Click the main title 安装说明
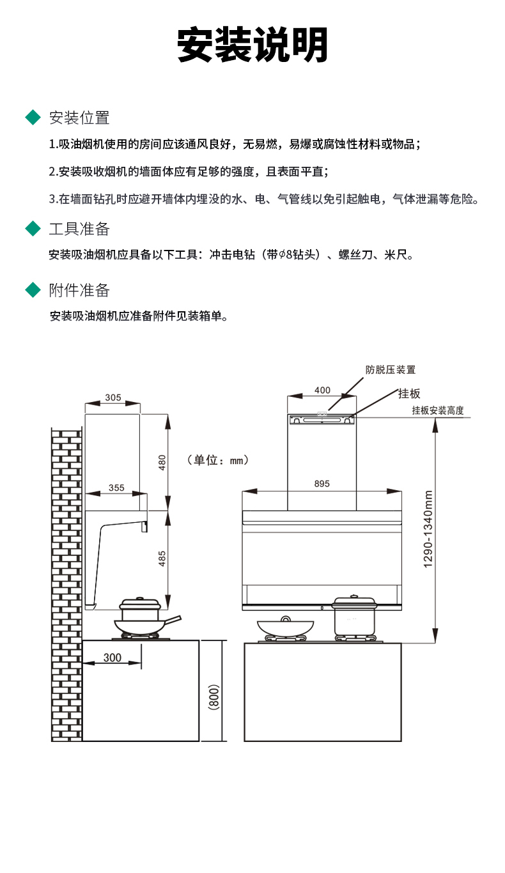point(252,45)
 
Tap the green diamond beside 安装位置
point(33,118)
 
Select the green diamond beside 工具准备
point(33,228)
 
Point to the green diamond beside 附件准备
point(33,290)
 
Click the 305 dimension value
point(113,398)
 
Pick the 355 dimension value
point(116,488)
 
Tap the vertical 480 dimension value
point(162,462)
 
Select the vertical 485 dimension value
point(162,559)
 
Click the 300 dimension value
point(113,658)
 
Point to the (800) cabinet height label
point(214,697)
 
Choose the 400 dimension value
point(323,390)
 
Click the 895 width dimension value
point(322,484)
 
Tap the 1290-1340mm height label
point(428,529)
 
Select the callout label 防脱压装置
point(391,369)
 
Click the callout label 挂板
point(409,394)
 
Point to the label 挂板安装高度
point(438,410)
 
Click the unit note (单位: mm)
point(217,460)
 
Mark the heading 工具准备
point(79,229)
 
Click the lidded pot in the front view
point(354,616)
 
